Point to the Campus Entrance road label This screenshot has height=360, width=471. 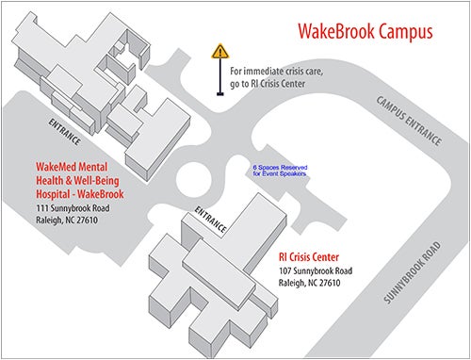point(409,119)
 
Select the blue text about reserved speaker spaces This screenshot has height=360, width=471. point(280,172)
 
